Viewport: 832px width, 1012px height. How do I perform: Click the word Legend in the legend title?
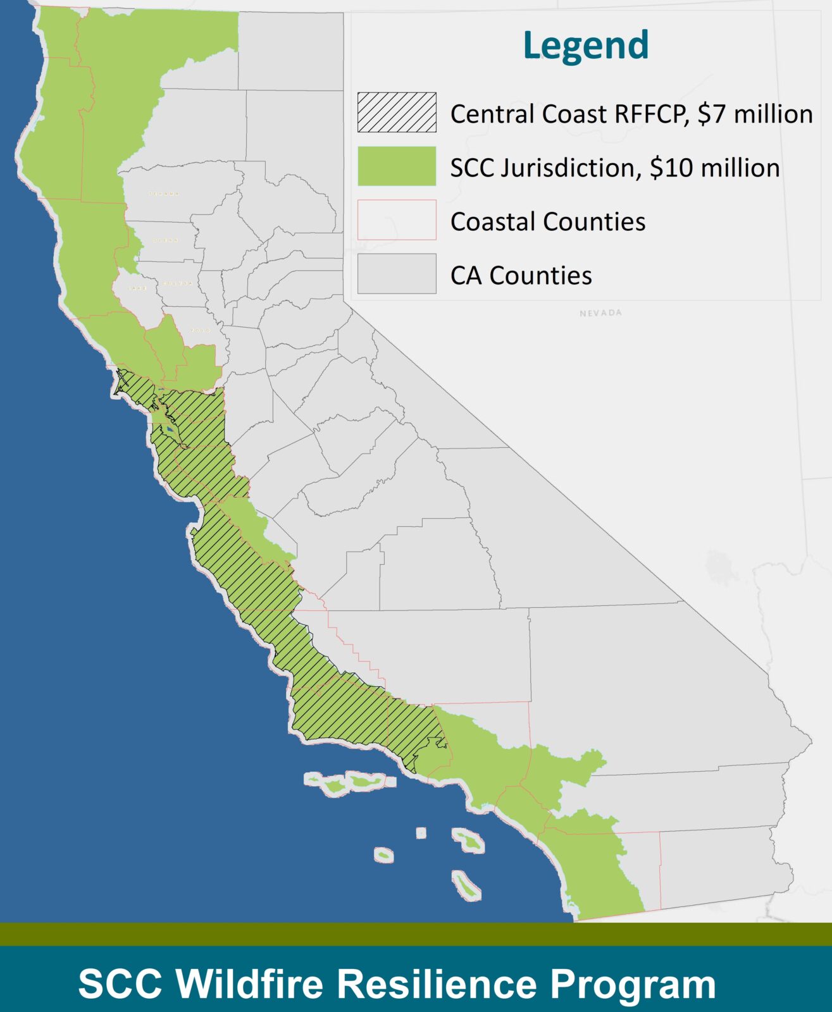point(586,46)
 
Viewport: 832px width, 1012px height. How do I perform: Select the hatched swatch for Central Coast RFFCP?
point(397,113)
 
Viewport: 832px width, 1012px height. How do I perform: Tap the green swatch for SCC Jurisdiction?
point(397,166)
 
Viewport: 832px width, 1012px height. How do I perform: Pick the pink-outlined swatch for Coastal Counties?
point(397,220)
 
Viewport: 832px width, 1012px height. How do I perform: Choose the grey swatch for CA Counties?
point(397,274)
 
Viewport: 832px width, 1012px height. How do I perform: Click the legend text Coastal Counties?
point(548,222)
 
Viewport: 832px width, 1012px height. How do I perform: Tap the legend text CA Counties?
point(521,276)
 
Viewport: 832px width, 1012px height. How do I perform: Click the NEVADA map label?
point(600,313)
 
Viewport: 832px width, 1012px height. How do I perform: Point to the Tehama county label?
point(165,194)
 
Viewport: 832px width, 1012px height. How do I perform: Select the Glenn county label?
point(165,240)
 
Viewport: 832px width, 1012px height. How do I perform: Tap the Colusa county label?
point(177,283)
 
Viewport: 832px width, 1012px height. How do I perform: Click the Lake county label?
point(137,288)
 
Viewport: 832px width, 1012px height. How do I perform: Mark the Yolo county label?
point(201,330)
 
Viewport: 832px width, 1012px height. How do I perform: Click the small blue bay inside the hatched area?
point(170,432)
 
